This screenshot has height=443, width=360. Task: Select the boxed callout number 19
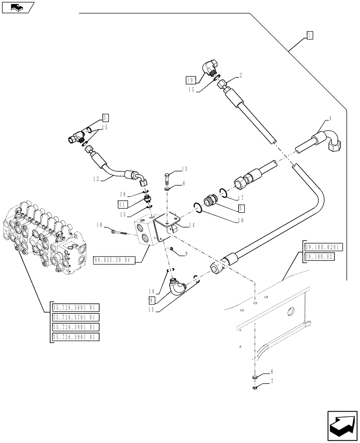[x=189, y=80]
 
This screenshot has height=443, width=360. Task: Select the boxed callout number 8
[x=152, y=299]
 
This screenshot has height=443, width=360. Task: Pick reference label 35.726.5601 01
[x=75, y=308]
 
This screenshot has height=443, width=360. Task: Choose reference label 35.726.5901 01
[x=75, y=337]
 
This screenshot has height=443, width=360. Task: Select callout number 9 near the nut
[x=186, y=253]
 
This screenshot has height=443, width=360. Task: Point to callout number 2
[x=240, y=76]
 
